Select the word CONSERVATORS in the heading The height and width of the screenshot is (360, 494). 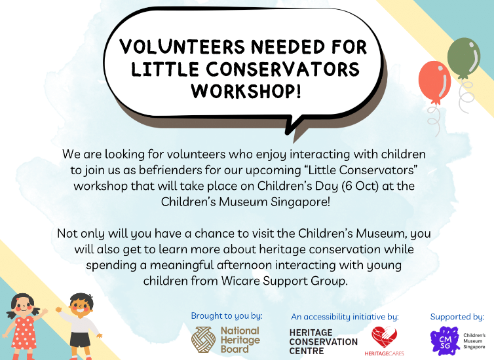point(282,69)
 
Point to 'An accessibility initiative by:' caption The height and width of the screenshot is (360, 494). point(345,317)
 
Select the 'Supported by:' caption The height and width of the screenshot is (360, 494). point(457,317)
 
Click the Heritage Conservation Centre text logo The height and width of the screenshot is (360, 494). point(324,341)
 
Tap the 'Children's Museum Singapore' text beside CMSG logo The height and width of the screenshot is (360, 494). point(474,340)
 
